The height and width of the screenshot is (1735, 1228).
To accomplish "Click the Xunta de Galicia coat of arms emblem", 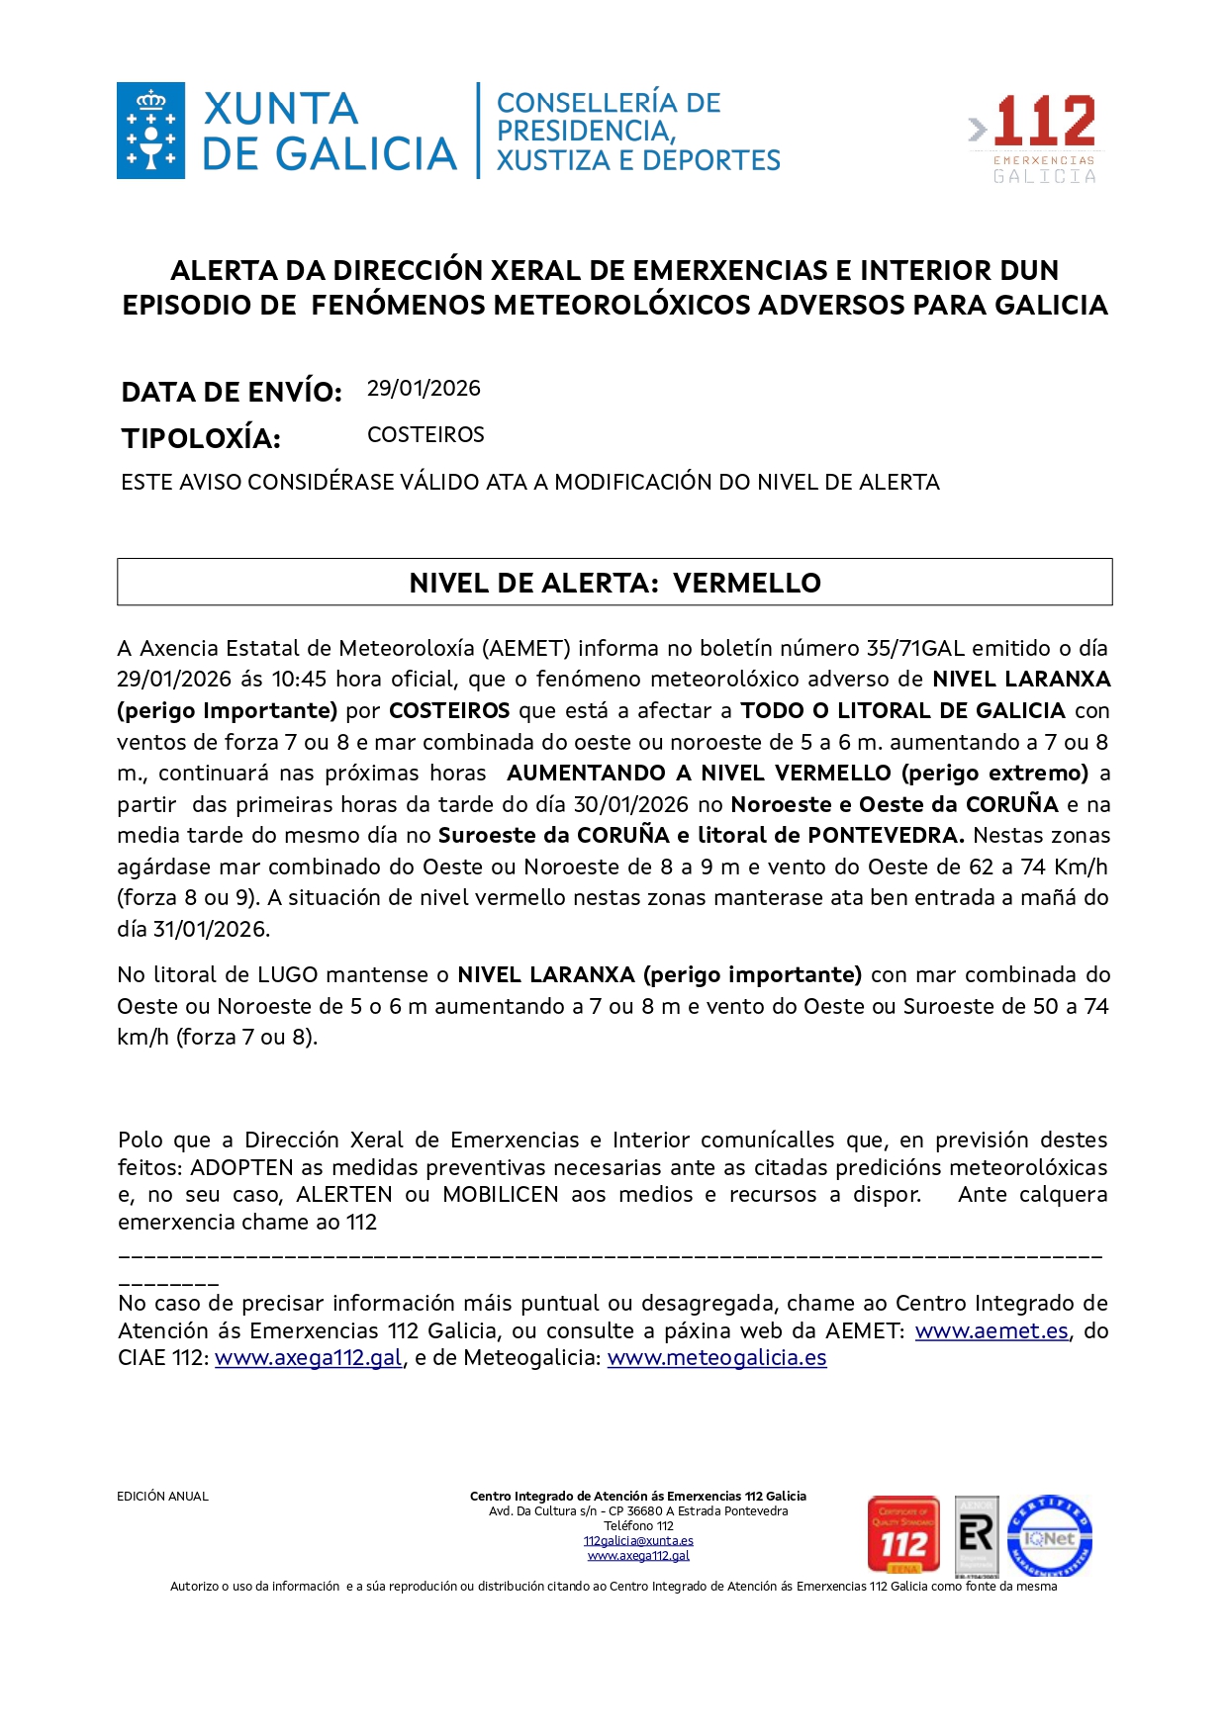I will (150, 131).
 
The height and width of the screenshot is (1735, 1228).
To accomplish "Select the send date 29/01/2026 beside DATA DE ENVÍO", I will (424, 389).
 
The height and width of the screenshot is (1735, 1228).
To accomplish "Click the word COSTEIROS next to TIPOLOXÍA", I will (425, 435).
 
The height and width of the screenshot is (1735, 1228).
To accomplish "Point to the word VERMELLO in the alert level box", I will (746, 583).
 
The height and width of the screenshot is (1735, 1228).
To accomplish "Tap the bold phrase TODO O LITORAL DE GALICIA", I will (902, 711).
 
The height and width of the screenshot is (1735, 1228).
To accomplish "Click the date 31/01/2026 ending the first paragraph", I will (210, 930).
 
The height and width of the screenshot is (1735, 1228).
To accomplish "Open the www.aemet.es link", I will (992, 1331).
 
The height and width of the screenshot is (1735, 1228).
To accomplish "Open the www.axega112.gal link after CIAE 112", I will (309, 1358).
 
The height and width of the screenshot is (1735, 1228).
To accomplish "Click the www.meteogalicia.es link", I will (716, 1358).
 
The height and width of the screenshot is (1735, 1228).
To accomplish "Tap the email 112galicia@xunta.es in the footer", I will (638, 1541).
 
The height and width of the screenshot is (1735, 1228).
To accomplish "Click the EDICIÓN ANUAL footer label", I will (162, 1497).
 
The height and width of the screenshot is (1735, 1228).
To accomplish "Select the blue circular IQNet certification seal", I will (1049, 1536).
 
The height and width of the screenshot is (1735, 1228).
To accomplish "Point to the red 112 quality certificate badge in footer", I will (902, 1535).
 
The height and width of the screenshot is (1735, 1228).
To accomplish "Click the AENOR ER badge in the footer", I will (976, 1536).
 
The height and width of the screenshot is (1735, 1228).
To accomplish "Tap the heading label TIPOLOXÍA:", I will (201, 438).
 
